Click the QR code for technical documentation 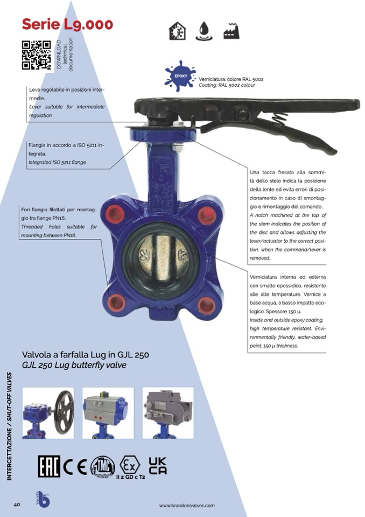click(x=37, y=55)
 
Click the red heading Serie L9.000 click(x=67, y=24)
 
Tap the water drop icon click(x=203, y=31)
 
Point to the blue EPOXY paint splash click(x=180, y=76)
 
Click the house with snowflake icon click(x=177, y=31)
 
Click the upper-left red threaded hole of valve click(x=116, y=214)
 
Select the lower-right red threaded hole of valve click(x=206, y=305)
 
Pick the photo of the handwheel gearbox click(x=48, y=413)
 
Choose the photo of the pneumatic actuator click(x=108, y=413)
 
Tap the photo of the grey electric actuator click(x=168, y=413)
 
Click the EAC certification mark click(x=49, y=466)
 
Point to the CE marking click(x=75, y=466)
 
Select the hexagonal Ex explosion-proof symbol click(x=130, y=465)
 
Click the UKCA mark click(x=158, y=466)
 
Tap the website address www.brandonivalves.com click(x=187, y=505)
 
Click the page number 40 click(x=17, y=505)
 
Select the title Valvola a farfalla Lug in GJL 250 click(x=86, y=355)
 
